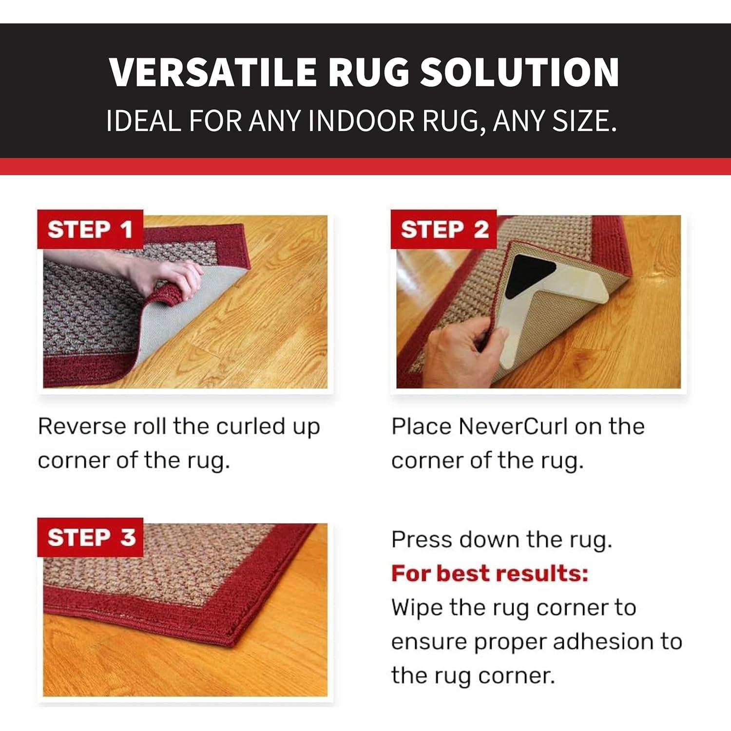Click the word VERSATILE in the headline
212,72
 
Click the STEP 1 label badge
90,229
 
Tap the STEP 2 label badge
443,229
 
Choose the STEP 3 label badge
90,537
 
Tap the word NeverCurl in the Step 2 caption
513,426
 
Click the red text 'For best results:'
490,573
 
